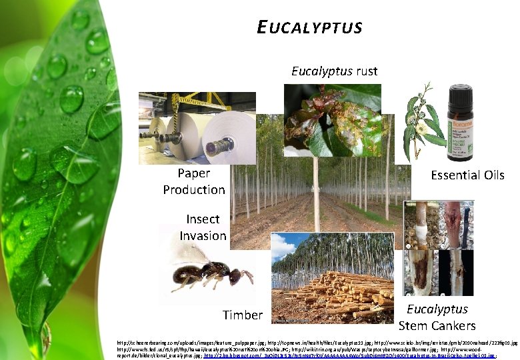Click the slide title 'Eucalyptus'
coord(309,27)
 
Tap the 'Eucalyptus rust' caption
coord(334,71)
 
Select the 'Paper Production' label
coord(194,181)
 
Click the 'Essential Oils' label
coord(467,175)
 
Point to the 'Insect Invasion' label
coord(203,227)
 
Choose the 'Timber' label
coord(243,315)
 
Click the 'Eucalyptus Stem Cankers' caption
coord(437,317)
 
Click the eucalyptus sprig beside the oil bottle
coord(423,120)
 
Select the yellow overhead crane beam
coord(200,101)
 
